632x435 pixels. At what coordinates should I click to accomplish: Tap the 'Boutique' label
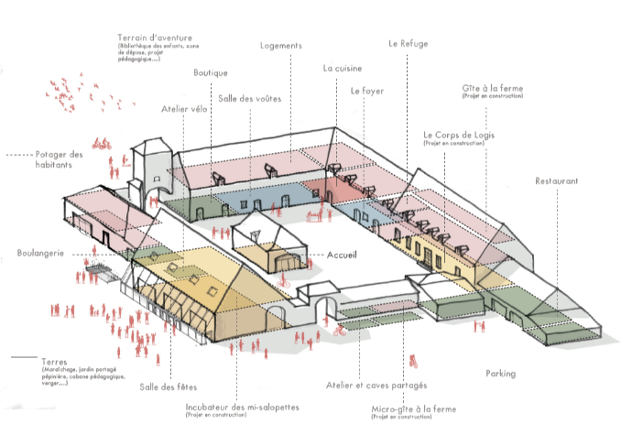click(x=211, y=73)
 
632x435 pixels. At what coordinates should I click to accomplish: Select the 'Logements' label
click(x=281, y=46)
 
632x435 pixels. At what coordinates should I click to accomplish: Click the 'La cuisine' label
click(x=342, y=69)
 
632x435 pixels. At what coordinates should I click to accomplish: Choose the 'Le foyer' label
click(x=367, y=92)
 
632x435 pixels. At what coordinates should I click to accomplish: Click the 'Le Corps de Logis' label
click(x=460, y=135)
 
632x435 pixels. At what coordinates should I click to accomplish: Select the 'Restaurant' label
click(x=557, y=181)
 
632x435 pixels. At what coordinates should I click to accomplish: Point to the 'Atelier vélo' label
click(x=185, y=111)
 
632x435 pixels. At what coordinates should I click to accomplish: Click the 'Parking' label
click(x=501, y=374)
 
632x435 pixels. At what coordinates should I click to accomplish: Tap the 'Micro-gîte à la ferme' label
click(x=414, y=409)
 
